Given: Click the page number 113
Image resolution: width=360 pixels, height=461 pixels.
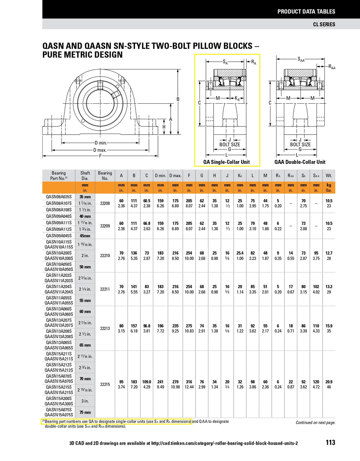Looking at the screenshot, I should point(330,442).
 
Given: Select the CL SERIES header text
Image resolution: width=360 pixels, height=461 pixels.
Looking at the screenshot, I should point(324,24).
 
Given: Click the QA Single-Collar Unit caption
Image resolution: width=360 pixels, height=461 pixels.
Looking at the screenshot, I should point(226,162).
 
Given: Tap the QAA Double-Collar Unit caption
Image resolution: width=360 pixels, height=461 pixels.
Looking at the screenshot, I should point(300,162).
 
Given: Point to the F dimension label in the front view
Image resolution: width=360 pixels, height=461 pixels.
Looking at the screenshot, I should point(100,156).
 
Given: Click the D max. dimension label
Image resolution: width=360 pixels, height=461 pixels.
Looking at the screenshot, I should point(100,150).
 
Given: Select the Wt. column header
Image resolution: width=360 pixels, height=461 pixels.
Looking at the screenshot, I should point(329,175).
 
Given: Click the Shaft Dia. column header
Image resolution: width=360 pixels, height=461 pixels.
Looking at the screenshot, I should point(85,175).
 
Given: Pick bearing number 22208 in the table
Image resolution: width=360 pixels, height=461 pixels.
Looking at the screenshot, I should point(105,203).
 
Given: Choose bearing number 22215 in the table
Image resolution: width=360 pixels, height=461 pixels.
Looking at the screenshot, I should point(105,384).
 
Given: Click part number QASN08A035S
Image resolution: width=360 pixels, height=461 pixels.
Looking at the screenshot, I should point(59,197).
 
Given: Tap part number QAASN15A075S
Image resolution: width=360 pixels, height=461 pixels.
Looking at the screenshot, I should point(59,415).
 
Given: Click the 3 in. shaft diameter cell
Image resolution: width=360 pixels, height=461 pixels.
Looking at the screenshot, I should point(85,401).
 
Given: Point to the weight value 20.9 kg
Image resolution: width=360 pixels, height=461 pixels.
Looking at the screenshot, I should point(329,382).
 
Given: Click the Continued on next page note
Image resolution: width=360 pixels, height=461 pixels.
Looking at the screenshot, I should point(315,422).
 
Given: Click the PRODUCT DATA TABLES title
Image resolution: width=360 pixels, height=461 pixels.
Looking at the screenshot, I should point(306,12).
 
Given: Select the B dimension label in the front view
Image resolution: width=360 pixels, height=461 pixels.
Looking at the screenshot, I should point(177,99).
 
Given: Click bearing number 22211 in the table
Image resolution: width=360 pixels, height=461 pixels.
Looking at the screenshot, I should point(105,289).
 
